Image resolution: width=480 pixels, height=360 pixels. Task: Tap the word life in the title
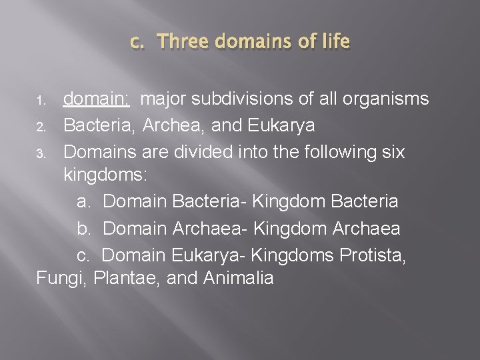(x=335, y=42)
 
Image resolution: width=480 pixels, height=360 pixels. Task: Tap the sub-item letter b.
(x=85, y=228)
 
